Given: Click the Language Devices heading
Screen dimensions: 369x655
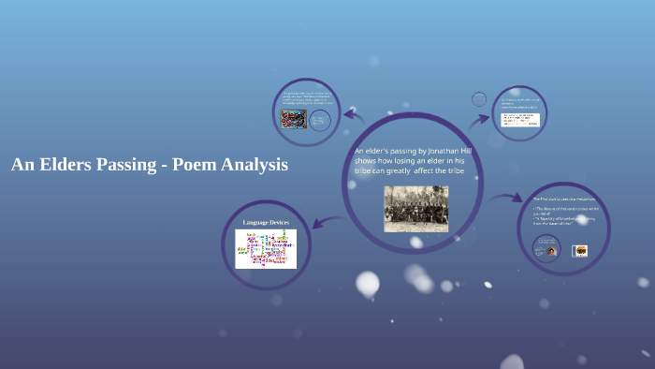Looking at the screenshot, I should [266, 222].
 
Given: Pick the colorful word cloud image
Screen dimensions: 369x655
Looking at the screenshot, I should [266, 249].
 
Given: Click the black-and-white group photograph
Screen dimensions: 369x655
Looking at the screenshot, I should [415, 208].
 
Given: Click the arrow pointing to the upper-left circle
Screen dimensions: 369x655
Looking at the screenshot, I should [354, 116].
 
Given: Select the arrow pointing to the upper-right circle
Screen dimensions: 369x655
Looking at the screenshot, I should [480, 119].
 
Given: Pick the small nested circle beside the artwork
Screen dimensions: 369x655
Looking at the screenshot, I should [320, 121].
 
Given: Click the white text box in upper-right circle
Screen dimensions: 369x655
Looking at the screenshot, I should [520, 119].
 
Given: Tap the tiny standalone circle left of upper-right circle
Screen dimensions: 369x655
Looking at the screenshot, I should [479, 98].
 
